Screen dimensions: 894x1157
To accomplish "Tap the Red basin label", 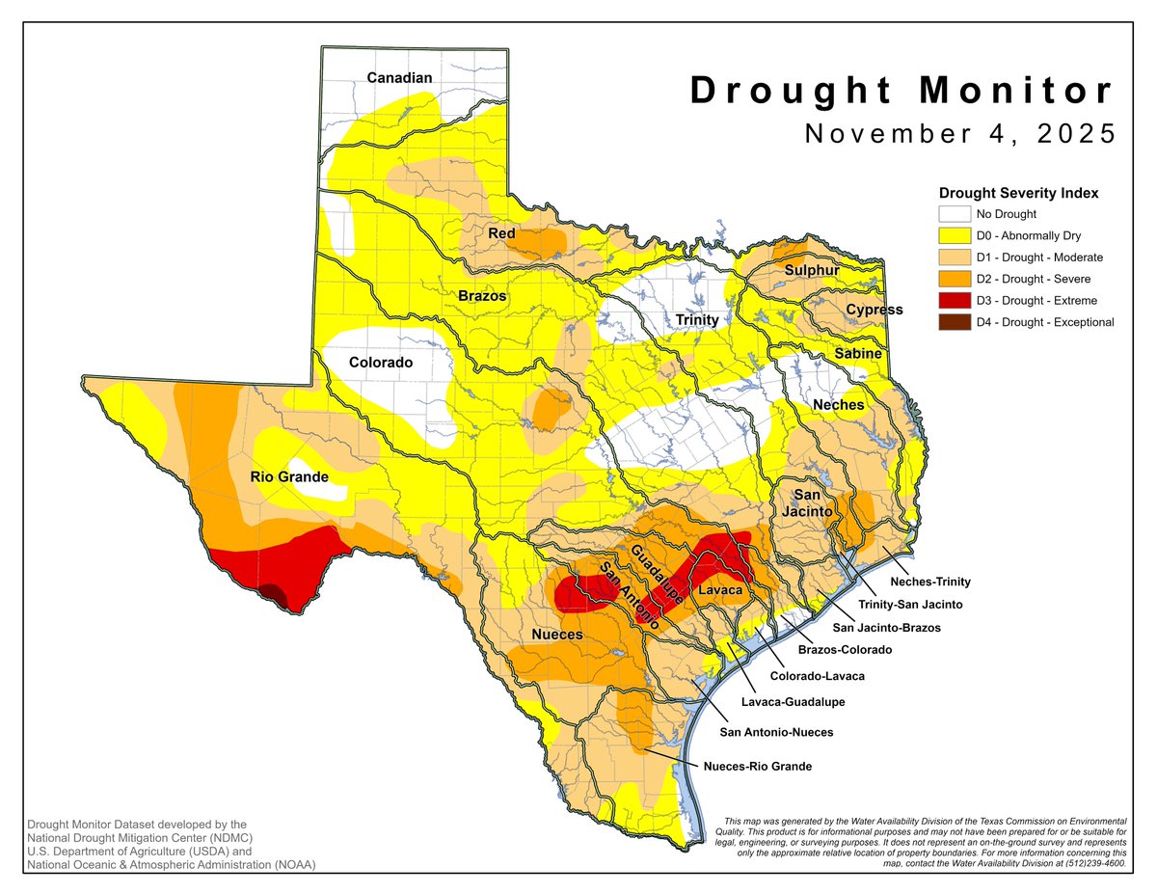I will click(x=500, y=233).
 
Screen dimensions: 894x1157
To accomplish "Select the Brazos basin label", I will click(x=482, y=296).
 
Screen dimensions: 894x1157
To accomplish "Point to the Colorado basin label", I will click(x=380, y=363).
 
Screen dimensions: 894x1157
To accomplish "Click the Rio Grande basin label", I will click(x=289, y=476).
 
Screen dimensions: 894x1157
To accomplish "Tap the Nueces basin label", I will click(x=556, y=635).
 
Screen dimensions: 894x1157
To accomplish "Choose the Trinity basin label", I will click(x=696, y=319).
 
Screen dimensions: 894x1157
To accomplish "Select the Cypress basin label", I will click(x=874, y=310).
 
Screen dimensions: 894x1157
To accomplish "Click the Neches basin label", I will click(x=838, y=404).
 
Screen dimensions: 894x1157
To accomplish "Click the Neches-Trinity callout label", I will click(x=929, y=582).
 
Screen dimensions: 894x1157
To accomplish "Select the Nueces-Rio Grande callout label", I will click(x=757, y=767).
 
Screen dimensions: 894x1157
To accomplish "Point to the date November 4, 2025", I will click(x=960, y=133).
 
